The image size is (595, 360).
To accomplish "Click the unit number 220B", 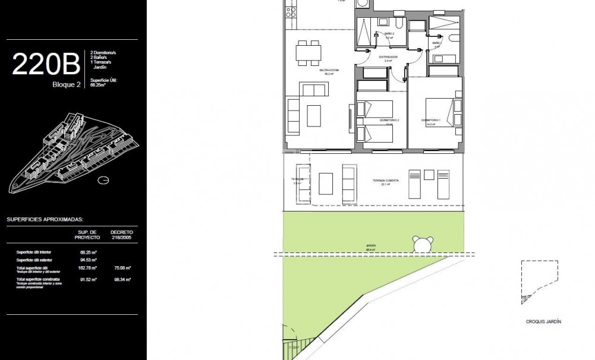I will pyautogui.click(x=45, y=64).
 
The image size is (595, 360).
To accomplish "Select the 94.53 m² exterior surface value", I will pyautogui.click(x=88, y=260).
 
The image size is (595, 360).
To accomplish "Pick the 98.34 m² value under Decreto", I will pyautogui.click(x=122, y=279).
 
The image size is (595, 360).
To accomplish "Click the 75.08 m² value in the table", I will pyautogui.click(x=122, y=267).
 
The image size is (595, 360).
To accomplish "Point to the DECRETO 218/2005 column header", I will pyautogui.click(x=121, y=234).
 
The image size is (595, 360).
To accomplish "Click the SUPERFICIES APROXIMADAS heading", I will pyautogui.click(x=45, y=219).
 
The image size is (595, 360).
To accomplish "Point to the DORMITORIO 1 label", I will pyautogui.click(x=429, y=121).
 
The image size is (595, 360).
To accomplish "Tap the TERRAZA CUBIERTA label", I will pyautogui.click(x=385, y=181).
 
